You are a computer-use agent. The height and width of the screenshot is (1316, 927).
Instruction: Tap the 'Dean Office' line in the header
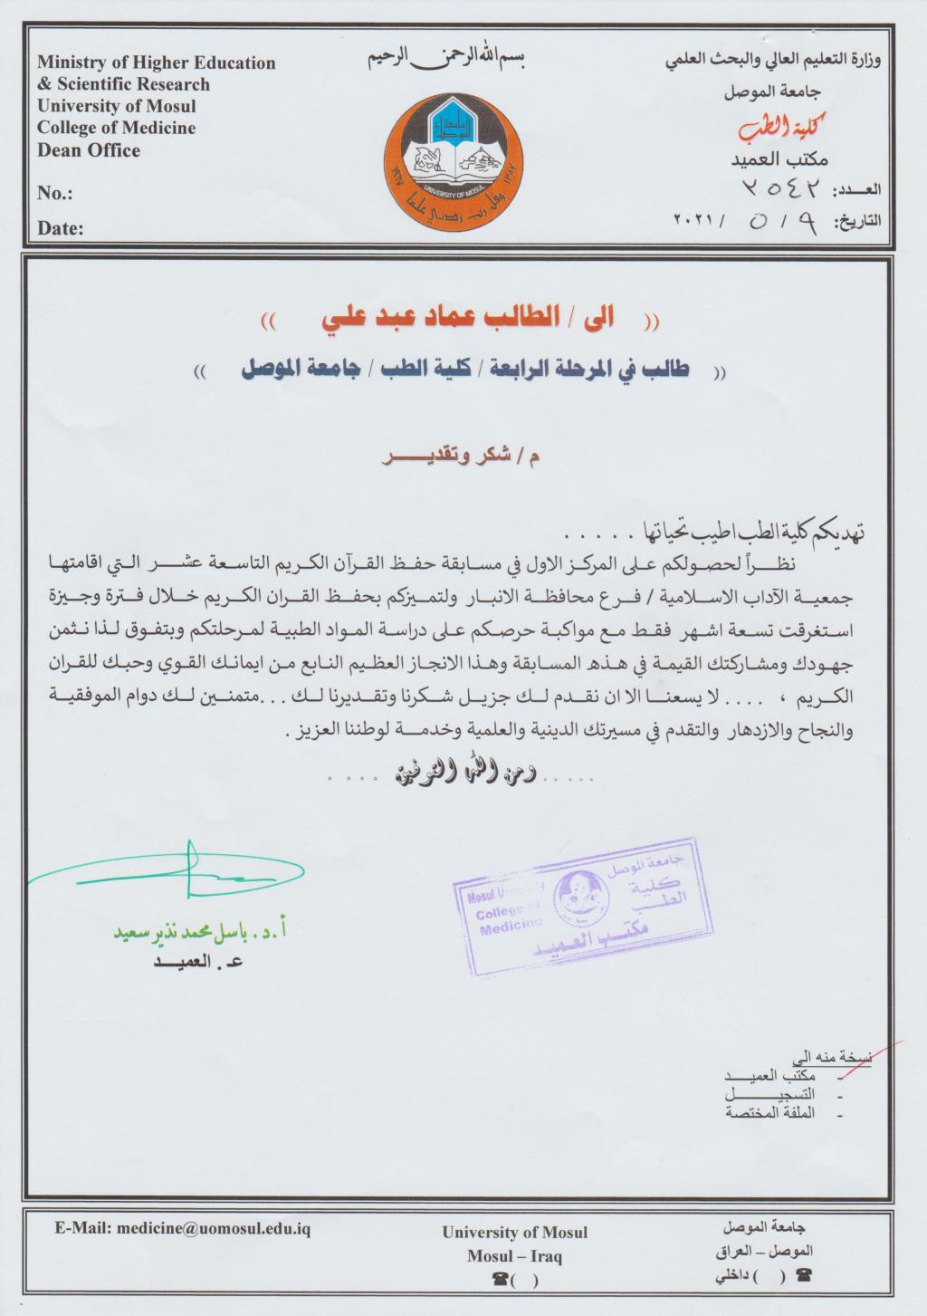click(x=89, y=150)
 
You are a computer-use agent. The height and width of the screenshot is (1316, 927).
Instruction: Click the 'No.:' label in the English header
click(x=54, y=194)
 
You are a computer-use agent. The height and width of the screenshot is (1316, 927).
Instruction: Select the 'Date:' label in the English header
click(x=60, y=228)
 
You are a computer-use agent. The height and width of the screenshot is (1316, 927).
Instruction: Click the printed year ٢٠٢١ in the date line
click(x=695, y=221)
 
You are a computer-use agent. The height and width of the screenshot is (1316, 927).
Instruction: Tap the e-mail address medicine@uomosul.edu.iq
click(x=183, y=1229)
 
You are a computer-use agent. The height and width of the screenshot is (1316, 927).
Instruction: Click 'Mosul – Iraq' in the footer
click(x=514, y=1255)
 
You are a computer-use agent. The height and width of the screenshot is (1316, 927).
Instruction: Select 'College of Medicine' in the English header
click(x=116, y=129)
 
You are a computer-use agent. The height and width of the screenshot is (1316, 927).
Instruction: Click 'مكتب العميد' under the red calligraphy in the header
click(x=779, y=159)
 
